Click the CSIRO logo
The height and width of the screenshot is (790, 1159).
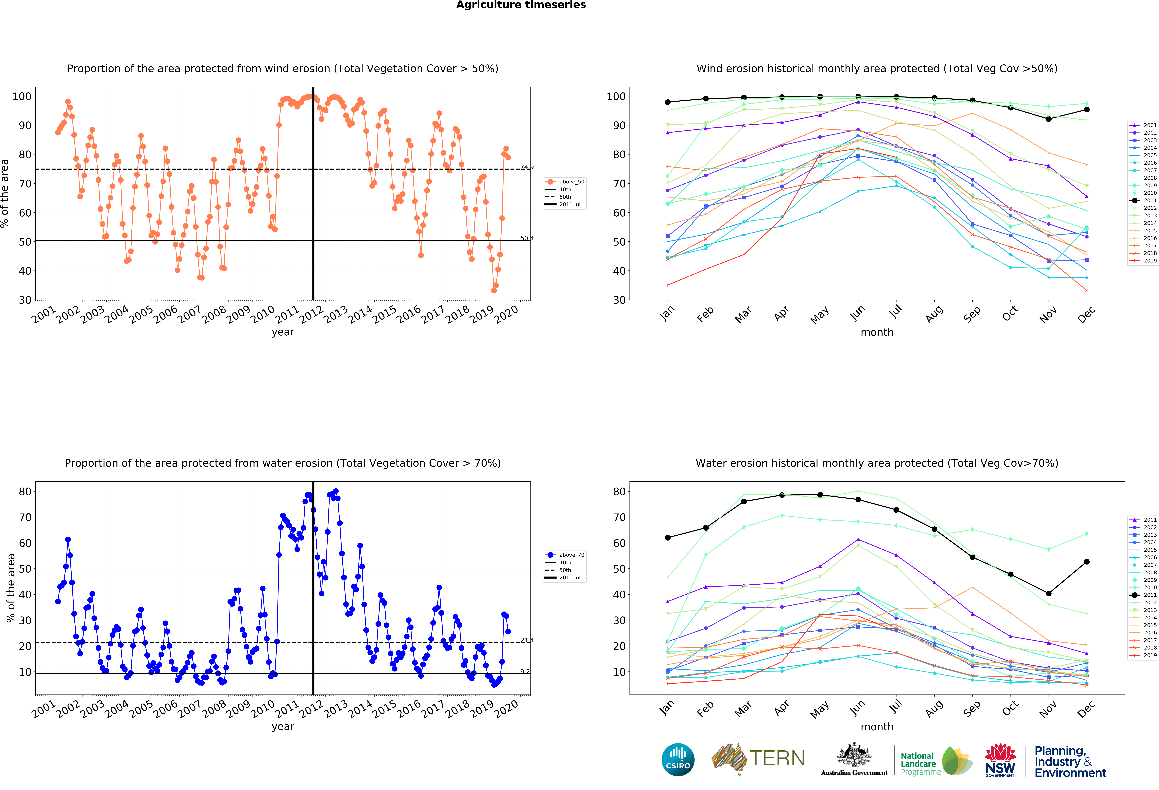click(x=678, y=760)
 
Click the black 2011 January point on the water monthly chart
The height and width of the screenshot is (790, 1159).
click(x=668, y=538)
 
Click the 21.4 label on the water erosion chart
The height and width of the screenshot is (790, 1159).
click(x=527, y=640)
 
